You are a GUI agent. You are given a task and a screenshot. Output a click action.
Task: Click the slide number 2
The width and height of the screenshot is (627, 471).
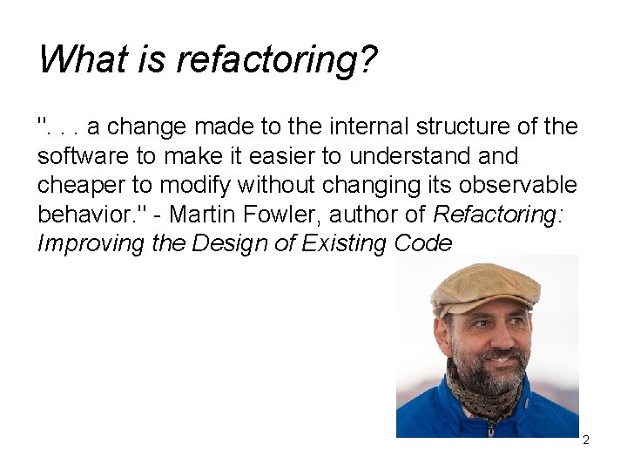coord(586,440)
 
